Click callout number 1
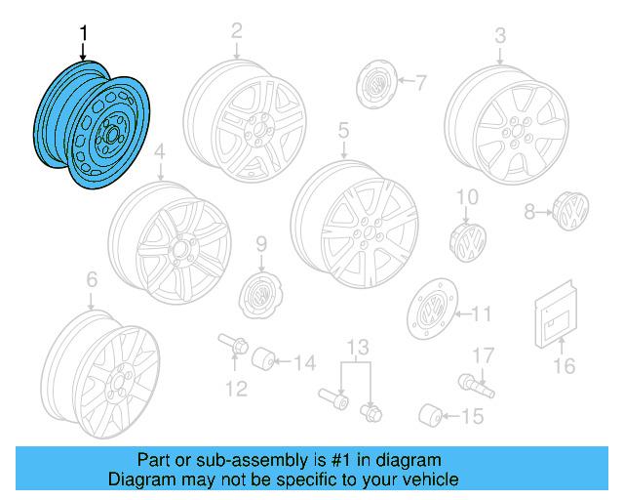(83, 33)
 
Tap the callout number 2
(236, 31)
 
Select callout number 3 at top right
(500, 35)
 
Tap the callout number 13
(360, 347)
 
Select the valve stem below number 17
(476, 385)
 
